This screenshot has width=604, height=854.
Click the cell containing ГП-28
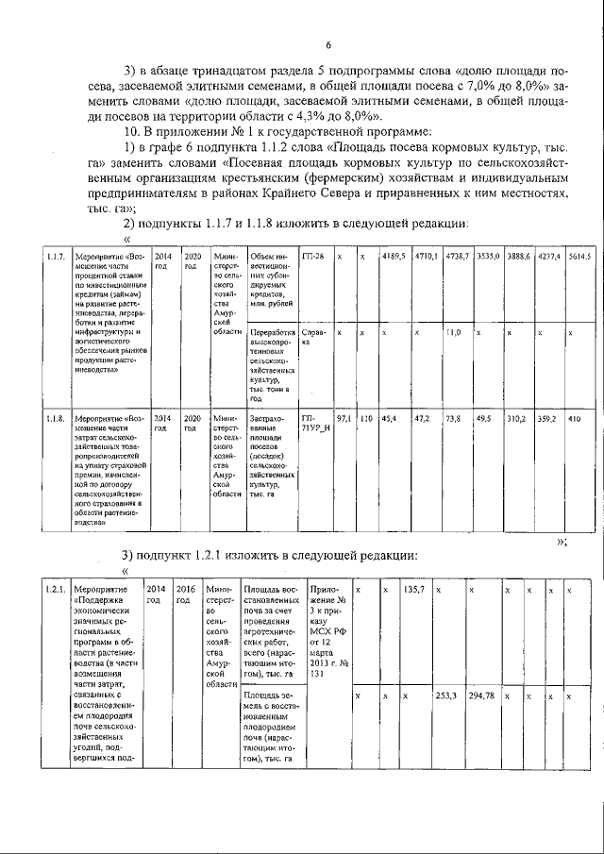[312, 257]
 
